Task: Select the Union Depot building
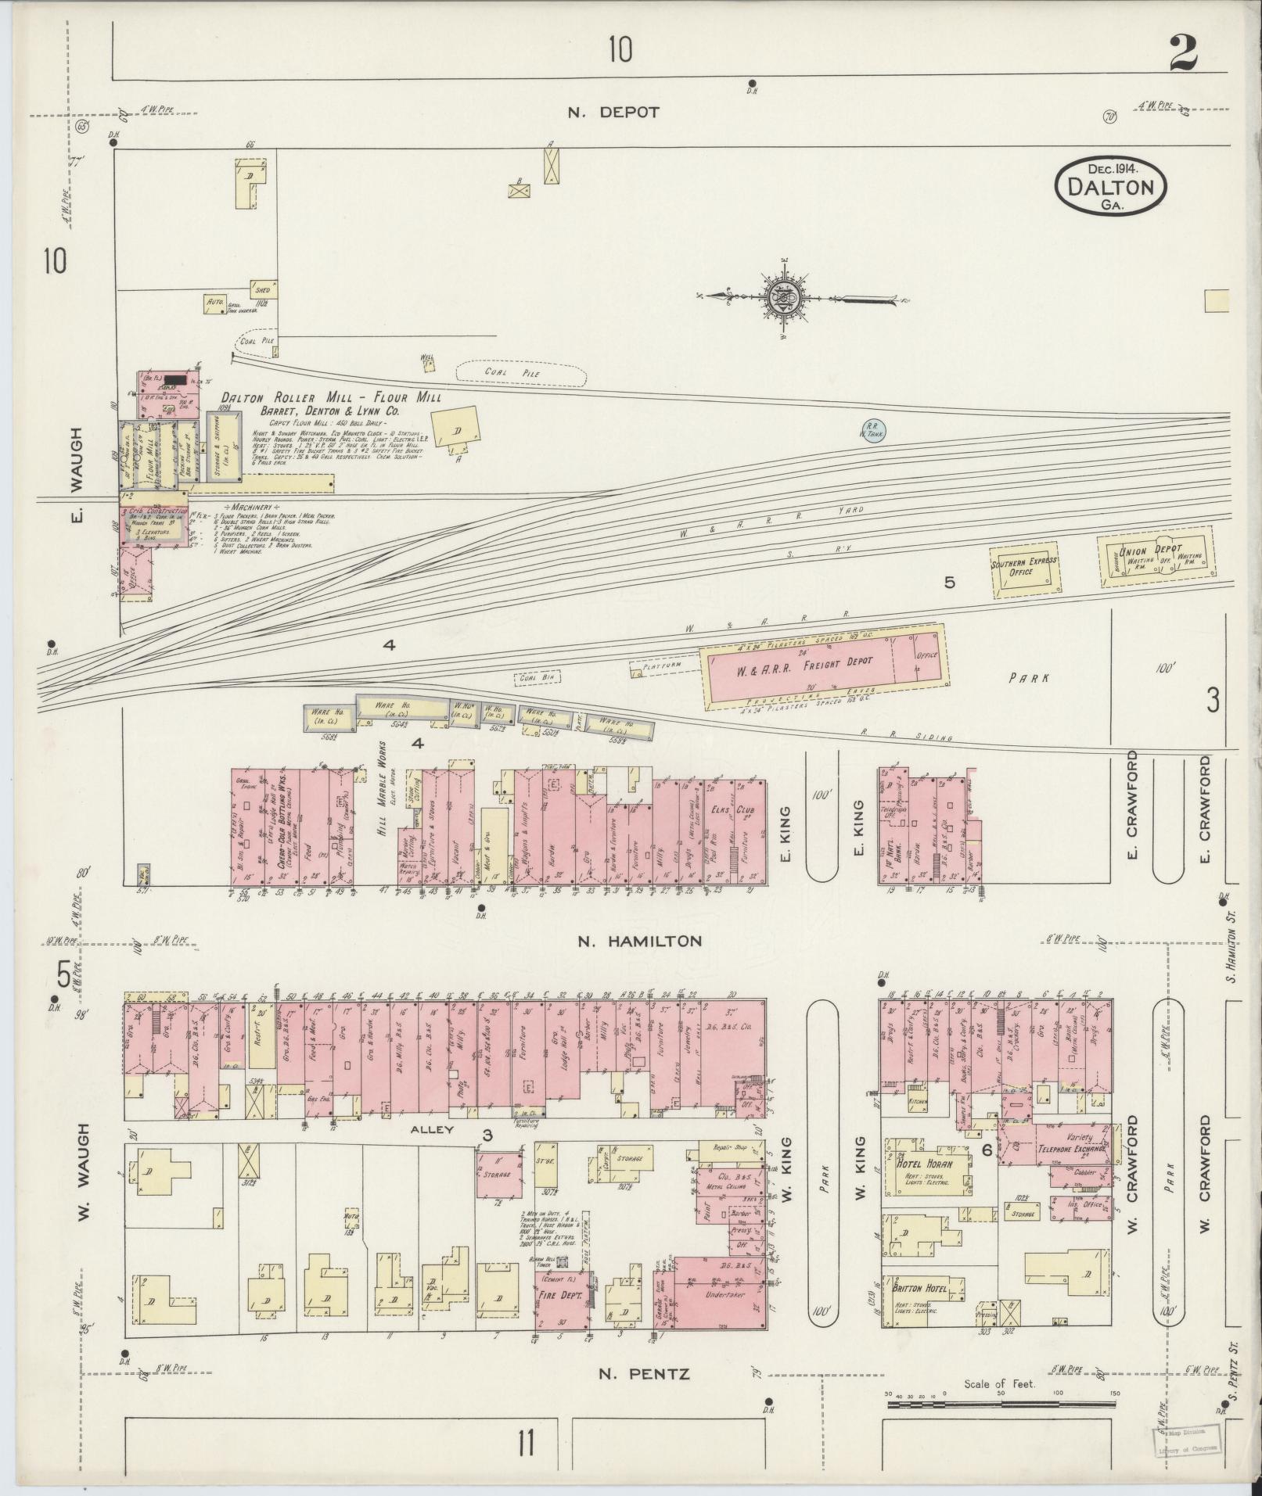click(1154, 558)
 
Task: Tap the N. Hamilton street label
click(639, 942)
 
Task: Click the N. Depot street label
click(613, 112)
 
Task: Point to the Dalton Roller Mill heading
click(330, 397)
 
